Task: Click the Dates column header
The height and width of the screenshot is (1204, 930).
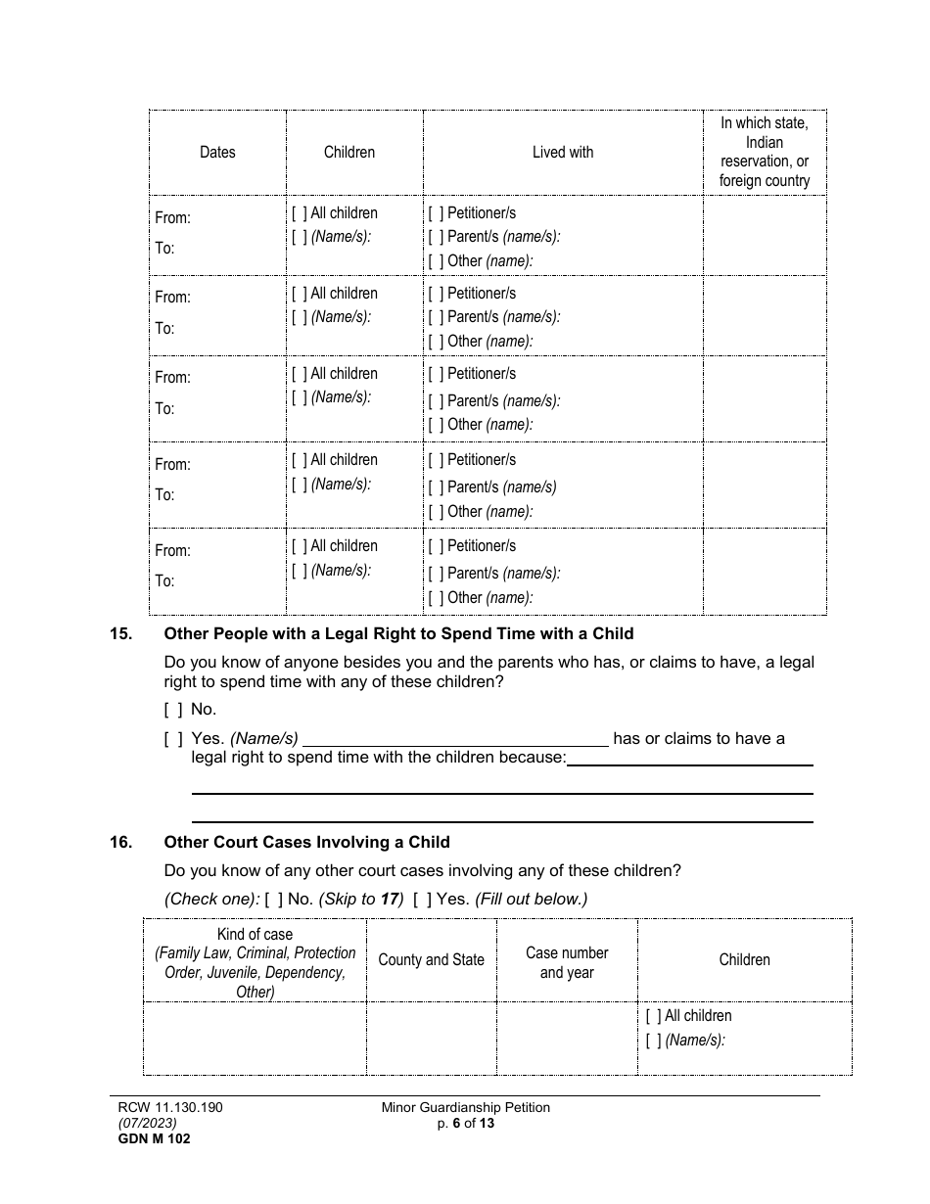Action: pos(217,152)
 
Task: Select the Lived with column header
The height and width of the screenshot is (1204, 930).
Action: pos(562,152)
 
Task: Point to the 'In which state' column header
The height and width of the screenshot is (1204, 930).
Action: pos(764,152)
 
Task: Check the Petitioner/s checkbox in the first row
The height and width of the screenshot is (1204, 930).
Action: pos(436,213)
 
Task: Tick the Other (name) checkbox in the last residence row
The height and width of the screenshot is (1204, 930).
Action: pos(436,598)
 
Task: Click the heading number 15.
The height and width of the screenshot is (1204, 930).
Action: pos(121,633)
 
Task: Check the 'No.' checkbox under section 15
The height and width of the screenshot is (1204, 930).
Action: pos(172,710)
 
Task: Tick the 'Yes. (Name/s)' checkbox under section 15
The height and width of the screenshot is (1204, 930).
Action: pos(172,739)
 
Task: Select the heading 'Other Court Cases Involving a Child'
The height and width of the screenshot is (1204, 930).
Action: pos(306,842)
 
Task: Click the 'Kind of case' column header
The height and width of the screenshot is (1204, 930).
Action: pos(255,962)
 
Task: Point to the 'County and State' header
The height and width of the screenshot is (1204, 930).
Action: pos(431,960)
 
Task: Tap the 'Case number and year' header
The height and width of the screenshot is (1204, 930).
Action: pos(567,962)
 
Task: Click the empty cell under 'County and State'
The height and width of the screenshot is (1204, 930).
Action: pos(431,1038)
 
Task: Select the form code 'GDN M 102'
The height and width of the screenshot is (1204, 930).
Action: pos(148,1138)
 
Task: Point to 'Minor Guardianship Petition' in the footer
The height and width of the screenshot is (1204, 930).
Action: pos(466,1108)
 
